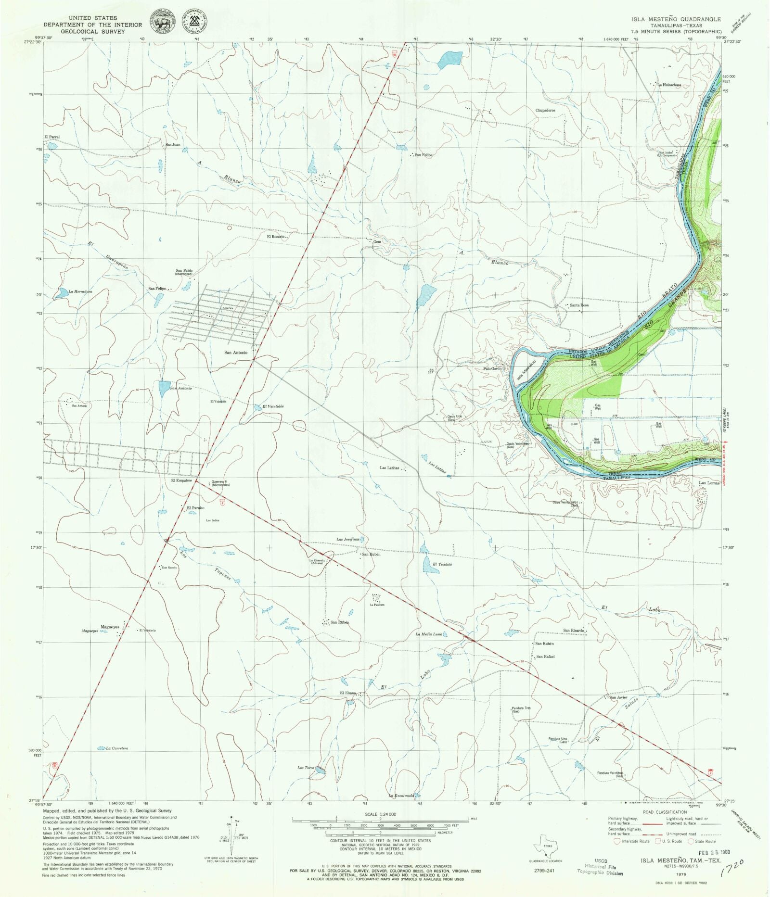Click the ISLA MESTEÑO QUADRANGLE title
pyautogui.click(x=676, y=19)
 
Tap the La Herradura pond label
pyautogui.click(x=80, y=291)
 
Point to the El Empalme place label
pyautogui.click(x=181, y=480)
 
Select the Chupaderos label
pyautogui.click(x=545, y=110)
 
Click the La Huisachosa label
pyautogui.click(x=669, y=85)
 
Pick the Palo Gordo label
pyautogui.click(x=492, y=369)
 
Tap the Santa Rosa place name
pyautogui.click(x=579, y=305)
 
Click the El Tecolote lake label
pyautogui.click(x=442, y=564)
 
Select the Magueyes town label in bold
pyautogui.click(x=110, y=627)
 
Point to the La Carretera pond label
pyautogui.click(x=117, y=748)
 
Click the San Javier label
pyautogui.click(x=618, y=697)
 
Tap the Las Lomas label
pyautogui.click(x=709, y=483)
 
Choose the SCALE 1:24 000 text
pyautogui.click(x=380, y=814)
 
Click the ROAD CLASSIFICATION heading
pyautogui.click(x=665, y=812)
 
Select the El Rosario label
pyautogui.click(x=276, y=237)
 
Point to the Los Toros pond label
pyautogui.click(x=306, y=768)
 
